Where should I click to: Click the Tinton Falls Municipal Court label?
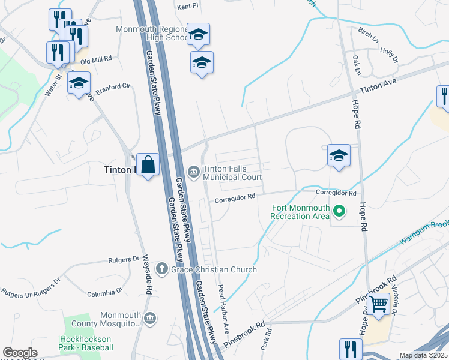(232, 173)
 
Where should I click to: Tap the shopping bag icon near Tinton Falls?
(148, 164)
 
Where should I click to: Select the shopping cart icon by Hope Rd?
(378, 304)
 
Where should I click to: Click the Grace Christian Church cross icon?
(161, 269)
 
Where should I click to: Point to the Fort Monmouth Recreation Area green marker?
(339, 211)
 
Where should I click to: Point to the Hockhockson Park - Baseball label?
(86, 343)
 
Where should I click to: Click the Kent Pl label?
(188, 7)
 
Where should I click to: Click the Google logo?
(20, 353)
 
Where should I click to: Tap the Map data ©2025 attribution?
(423, 355)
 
